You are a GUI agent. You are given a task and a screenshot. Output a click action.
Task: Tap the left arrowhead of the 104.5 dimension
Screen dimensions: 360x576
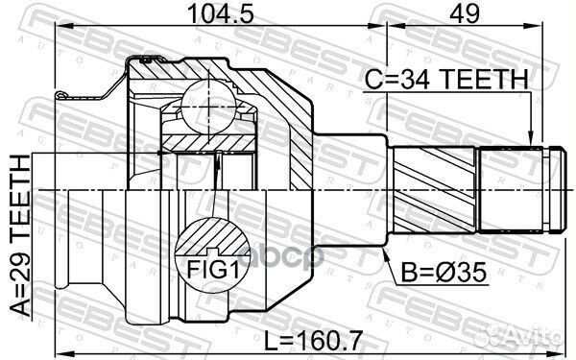[x=60, y=30]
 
